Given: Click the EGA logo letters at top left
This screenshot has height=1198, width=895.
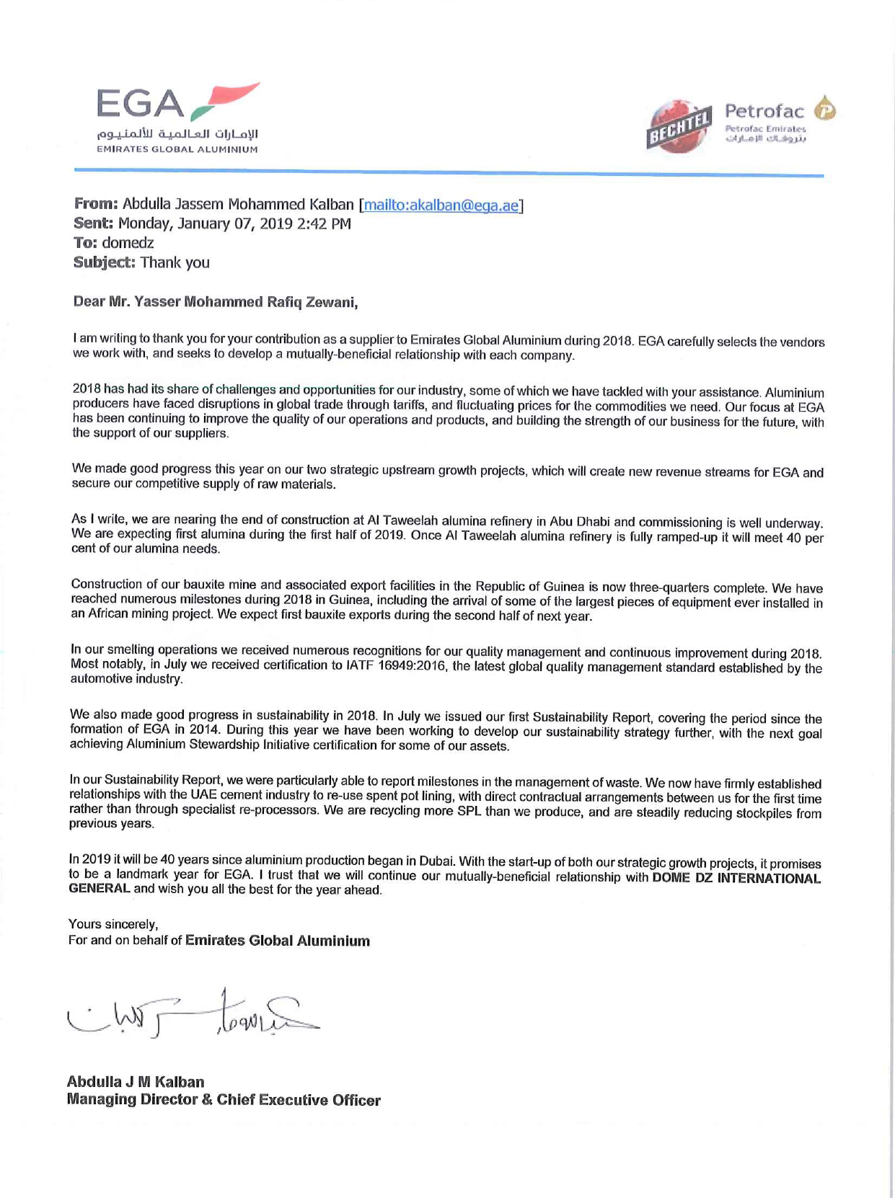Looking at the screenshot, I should (141, 104).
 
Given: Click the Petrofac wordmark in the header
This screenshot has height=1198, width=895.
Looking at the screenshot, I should (764, 111).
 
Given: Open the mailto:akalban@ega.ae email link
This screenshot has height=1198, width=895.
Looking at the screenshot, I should (441, 205).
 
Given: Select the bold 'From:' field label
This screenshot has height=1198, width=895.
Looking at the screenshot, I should (96, 205).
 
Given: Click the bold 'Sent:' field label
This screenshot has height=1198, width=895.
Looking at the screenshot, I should (94, 224).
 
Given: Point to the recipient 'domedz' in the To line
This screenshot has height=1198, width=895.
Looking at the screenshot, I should (128, 243).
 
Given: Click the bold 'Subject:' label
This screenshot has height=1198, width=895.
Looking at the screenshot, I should (105, 262).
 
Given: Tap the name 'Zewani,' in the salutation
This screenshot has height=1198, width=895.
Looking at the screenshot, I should (332, 302).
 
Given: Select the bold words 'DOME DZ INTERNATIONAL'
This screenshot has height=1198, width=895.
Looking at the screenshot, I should (736, 878).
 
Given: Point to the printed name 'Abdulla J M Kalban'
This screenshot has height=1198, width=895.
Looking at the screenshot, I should (136, 1082).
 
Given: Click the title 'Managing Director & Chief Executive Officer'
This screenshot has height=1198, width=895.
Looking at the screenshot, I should (224, 1100).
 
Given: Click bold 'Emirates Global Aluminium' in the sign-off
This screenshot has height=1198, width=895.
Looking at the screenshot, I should (278, 941).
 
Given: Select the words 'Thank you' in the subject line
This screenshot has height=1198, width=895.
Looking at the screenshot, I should (175, 262).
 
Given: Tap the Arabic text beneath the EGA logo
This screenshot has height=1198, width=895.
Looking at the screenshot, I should (177, 134).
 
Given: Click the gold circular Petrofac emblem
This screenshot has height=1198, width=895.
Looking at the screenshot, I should (825, 110).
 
